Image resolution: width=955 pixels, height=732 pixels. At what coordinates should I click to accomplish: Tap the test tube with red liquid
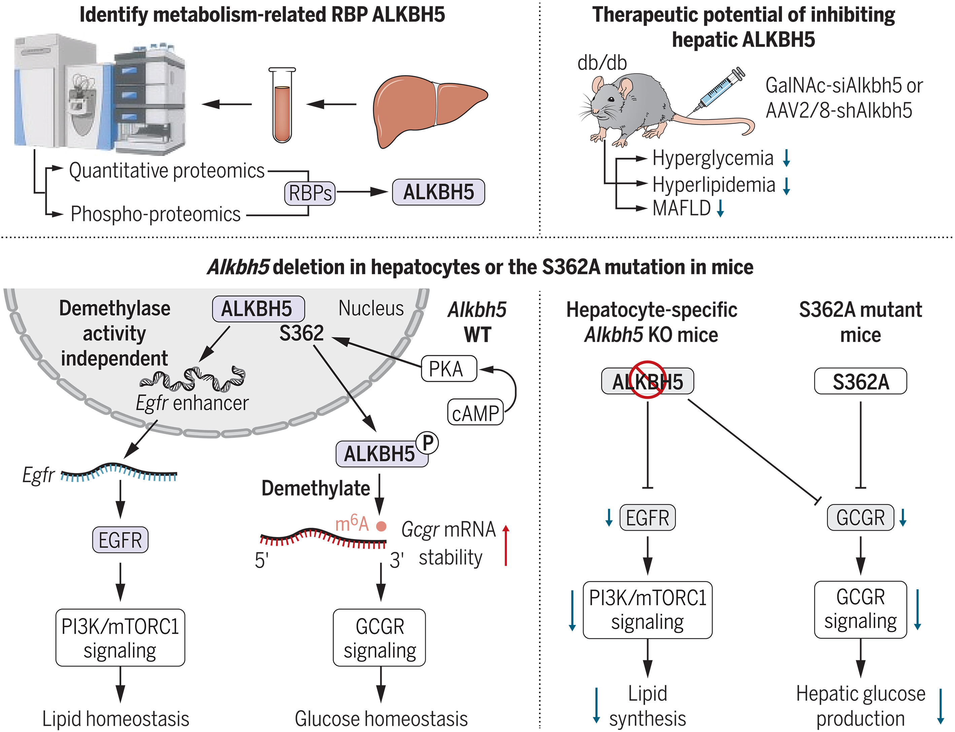click(282, 107)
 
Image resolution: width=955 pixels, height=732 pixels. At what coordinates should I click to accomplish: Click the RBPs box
click(310, 193)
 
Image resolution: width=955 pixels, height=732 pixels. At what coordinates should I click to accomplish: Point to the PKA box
click(449, 369)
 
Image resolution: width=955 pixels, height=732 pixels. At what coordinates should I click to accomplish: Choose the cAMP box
click(475, 412)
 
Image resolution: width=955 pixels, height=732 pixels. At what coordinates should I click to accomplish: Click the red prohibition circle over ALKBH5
click(648, 379)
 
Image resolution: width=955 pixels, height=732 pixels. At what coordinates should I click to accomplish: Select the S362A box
click(860, 382)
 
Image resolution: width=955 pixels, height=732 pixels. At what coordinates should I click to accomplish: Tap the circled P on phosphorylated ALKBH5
click(427, 443)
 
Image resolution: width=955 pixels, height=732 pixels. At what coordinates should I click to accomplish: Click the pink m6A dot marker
click(381, 526)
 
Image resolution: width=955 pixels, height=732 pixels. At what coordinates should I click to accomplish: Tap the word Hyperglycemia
click(713, 158)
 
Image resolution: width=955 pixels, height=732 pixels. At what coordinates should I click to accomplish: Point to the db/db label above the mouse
click(602, 63)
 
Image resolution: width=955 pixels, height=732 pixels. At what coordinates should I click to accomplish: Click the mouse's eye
click(611, 99)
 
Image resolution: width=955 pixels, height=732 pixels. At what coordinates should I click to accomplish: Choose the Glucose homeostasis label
click(381, 719)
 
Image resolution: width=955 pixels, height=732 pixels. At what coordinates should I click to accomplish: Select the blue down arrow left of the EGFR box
click(609, 518)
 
